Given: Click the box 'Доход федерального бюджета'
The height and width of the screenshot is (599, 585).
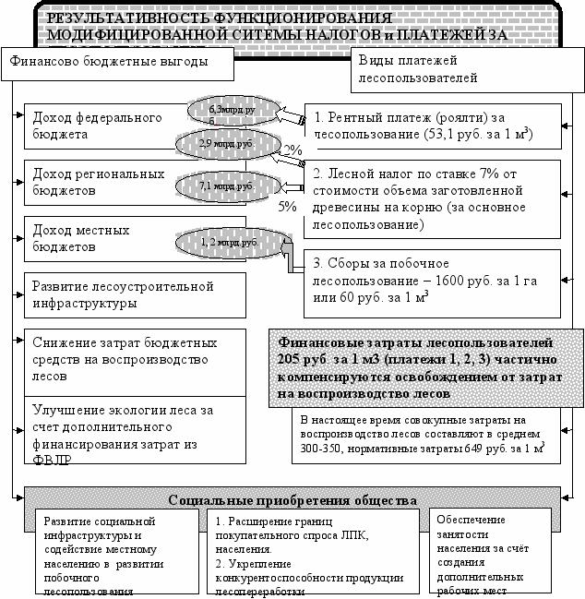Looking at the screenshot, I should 101,126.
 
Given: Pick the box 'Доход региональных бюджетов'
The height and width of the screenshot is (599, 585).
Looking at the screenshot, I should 101,181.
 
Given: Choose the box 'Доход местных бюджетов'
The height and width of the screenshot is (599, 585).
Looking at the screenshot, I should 101,238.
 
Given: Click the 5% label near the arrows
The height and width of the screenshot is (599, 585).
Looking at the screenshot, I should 287,208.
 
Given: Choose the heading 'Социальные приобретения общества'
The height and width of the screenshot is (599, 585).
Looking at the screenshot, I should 292,500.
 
